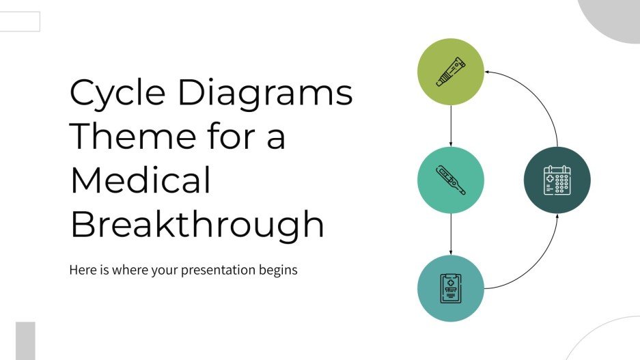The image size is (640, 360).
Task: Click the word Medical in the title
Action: (141, 180)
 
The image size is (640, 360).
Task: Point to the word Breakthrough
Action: (197, 224)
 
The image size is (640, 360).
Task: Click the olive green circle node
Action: (450, 72)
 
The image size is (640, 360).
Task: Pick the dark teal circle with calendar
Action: (557, 180)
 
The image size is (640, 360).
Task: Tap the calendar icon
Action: (557, 180)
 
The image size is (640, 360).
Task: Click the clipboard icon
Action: (450, 288)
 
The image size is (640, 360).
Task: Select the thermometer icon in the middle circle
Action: (450, 180)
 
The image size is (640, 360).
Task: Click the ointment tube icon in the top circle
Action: (450, 72)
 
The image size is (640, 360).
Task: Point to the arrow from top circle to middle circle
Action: (451, 126)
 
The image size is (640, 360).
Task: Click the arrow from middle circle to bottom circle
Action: (451, 234)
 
